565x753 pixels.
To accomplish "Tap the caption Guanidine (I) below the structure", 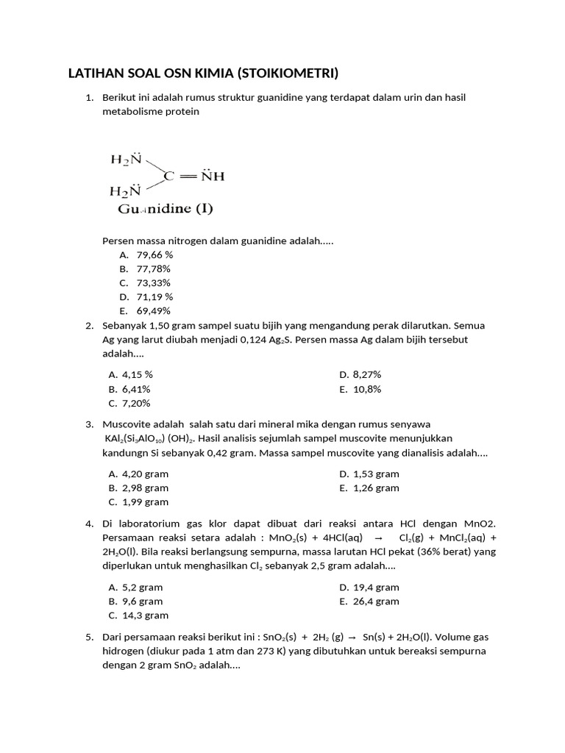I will point(166,209).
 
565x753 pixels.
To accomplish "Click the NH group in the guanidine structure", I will point(212,176).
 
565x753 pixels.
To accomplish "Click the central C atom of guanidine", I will point(168,176).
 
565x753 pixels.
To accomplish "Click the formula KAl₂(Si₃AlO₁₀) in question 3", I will point(147,439).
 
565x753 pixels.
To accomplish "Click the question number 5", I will point(88,638).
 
